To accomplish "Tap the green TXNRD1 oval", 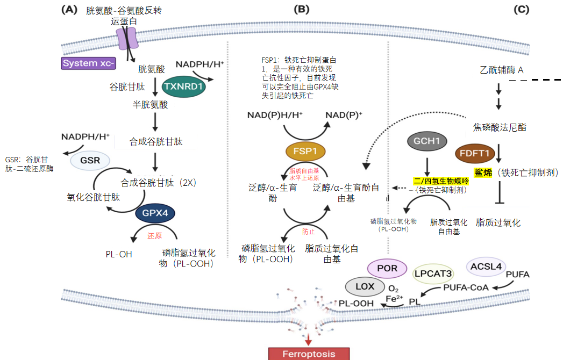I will point(184,85).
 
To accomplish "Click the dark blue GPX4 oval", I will point(155,213).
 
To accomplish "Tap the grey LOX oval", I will point(365,286).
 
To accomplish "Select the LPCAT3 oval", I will point(432,273).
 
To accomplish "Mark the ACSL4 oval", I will point(486,266).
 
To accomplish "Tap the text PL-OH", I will point(119,254).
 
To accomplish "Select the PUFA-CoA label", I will point(466,287).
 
